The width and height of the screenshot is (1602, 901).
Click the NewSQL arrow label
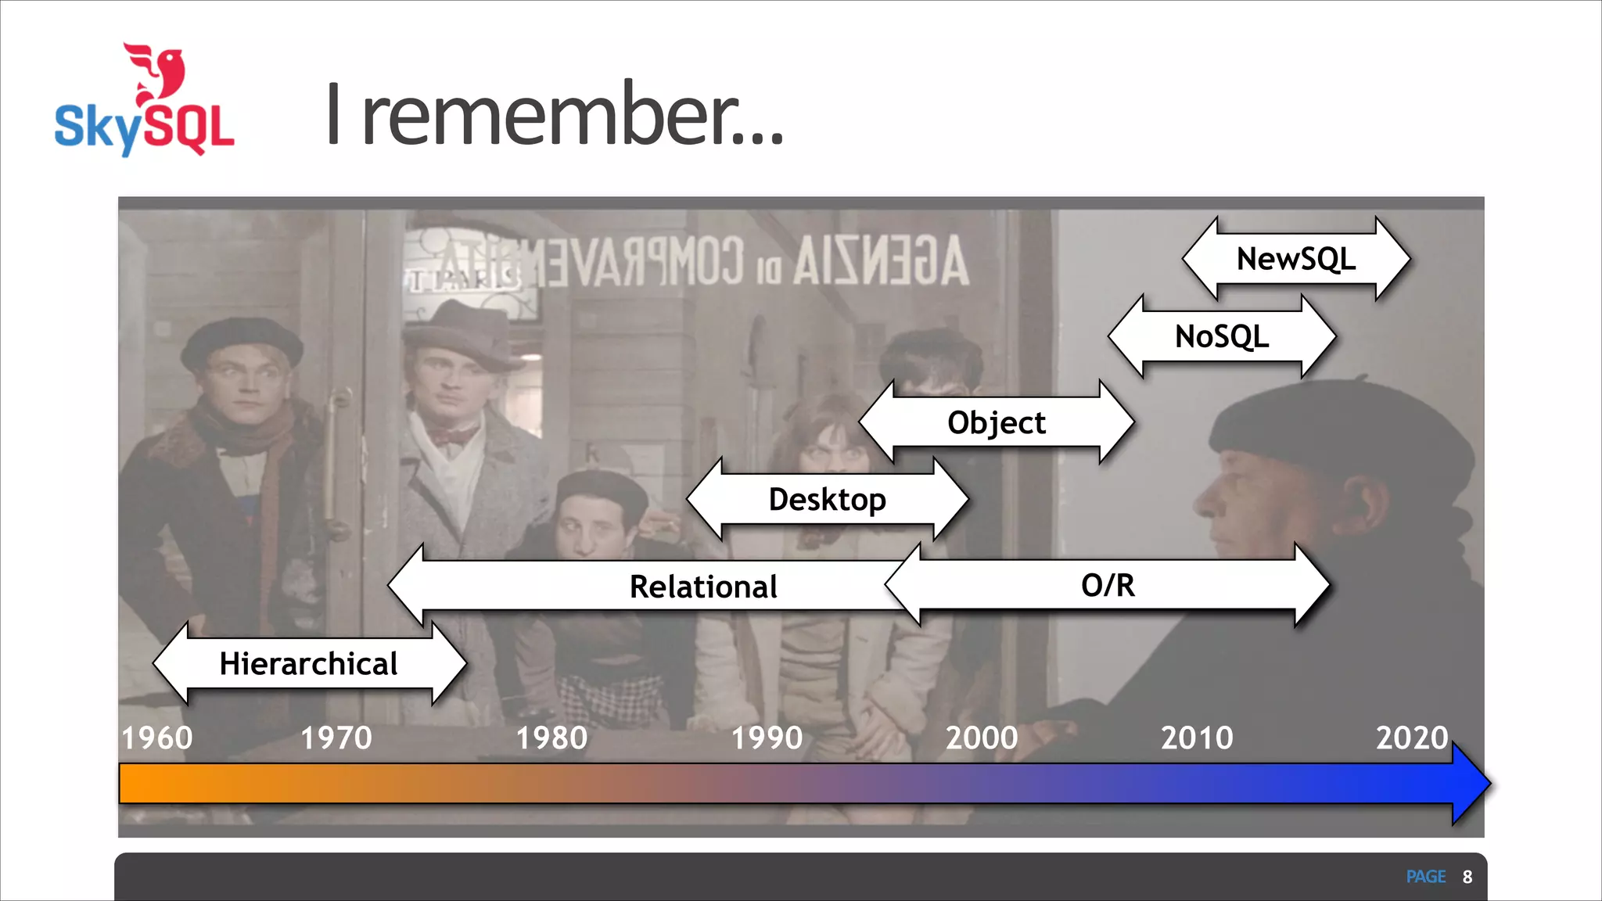click(x=1296, y=259)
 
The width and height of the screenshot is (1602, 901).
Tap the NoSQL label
click(x=1222, y=336)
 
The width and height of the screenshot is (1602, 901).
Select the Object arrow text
click(x=996, y=422)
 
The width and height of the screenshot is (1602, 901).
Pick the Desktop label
click(x=827, y=499)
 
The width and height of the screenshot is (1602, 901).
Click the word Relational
click(x=703, y=587)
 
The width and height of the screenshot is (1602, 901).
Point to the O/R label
click(x=1108, y=585)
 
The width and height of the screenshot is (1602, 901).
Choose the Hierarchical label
click(x=308, y=663)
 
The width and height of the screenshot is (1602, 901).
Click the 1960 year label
click(x=157, y=738)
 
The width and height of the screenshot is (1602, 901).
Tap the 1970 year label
click(x=336, y=738)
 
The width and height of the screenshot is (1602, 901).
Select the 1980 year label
click(x=551, y=738)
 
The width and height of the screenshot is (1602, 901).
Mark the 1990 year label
click(x=767, y=738)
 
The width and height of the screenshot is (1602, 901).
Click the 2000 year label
click(x=982, y=738)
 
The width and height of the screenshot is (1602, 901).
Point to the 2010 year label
click(x=1197, y=738)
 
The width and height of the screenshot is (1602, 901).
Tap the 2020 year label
click(x=1412, y=738)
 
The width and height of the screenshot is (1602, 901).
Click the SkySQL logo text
click(x=145, y=127)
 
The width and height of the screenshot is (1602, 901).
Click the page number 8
click(x=1467, y=877)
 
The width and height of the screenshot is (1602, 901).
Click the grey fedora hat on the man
click(x=462, y=332)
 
